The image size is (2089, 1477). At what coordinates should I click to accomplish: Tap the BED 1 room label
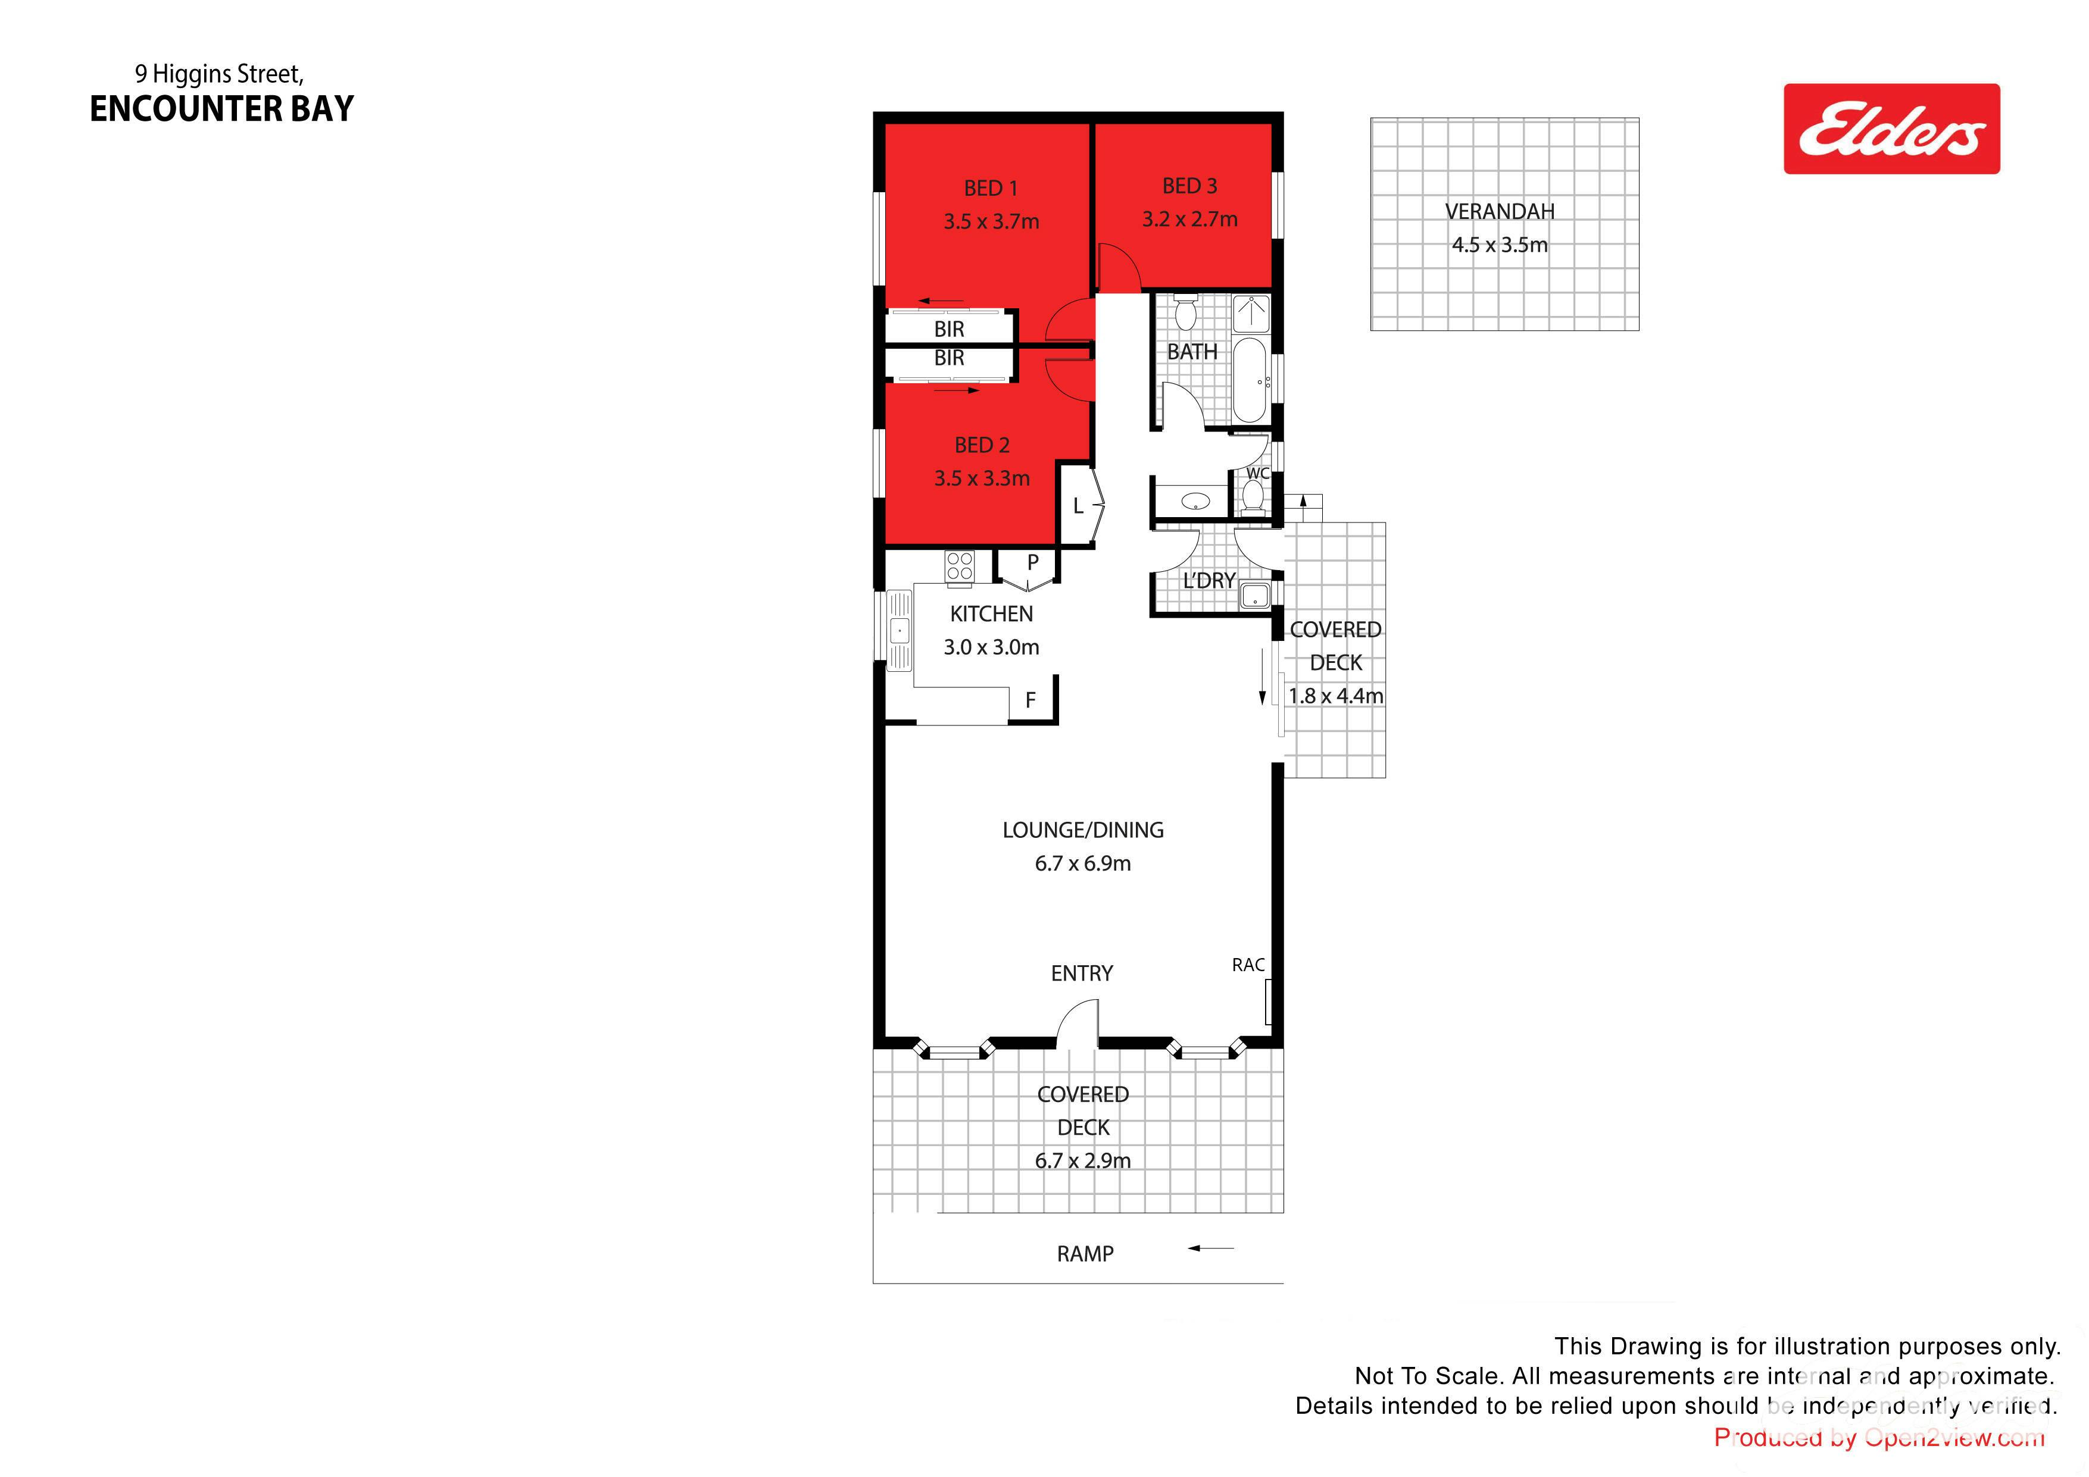(991, 188)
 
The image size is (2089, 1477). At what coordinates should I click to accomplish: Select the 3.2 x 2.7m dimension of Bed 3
(1190, 219)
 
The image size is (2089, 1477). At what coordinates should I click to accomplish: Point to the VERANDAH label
(1500, 211)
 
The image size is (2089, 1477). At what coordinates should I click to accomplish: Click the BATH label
(1192, 351)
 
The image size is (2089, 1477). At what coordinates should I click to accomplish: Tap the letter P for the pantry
(1033, 562)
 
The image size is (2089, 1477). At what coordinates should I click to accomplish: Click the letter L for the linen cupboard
(1078, 506)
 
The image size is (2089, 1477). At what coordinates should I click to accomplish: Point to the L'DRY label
(1209, 580)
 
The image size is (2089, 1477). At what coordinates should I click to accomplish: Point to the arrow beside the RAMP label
(1211, 1248)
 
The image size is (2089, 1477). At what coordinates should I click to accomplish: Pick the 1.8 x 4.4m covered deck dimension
(1336, 696)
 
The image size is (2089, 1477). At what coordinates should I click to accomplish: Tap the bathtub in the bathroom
(1250, 381)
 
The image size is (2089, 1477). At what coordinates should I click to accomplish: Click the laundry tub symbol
(1255, 596)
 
